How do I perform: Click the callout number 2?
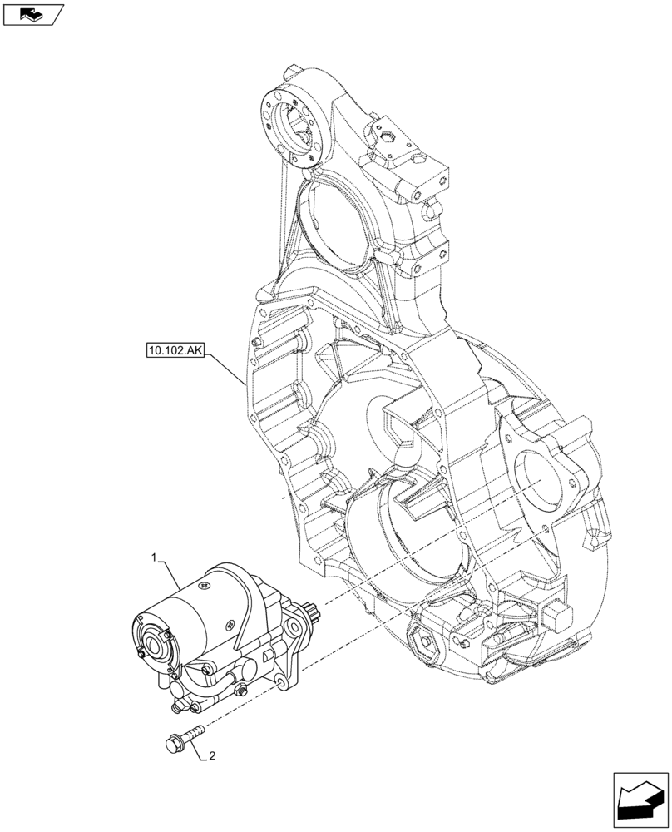click(x=213, y=756)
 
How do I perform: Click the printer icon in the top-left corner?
click(x=33, y=13)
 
